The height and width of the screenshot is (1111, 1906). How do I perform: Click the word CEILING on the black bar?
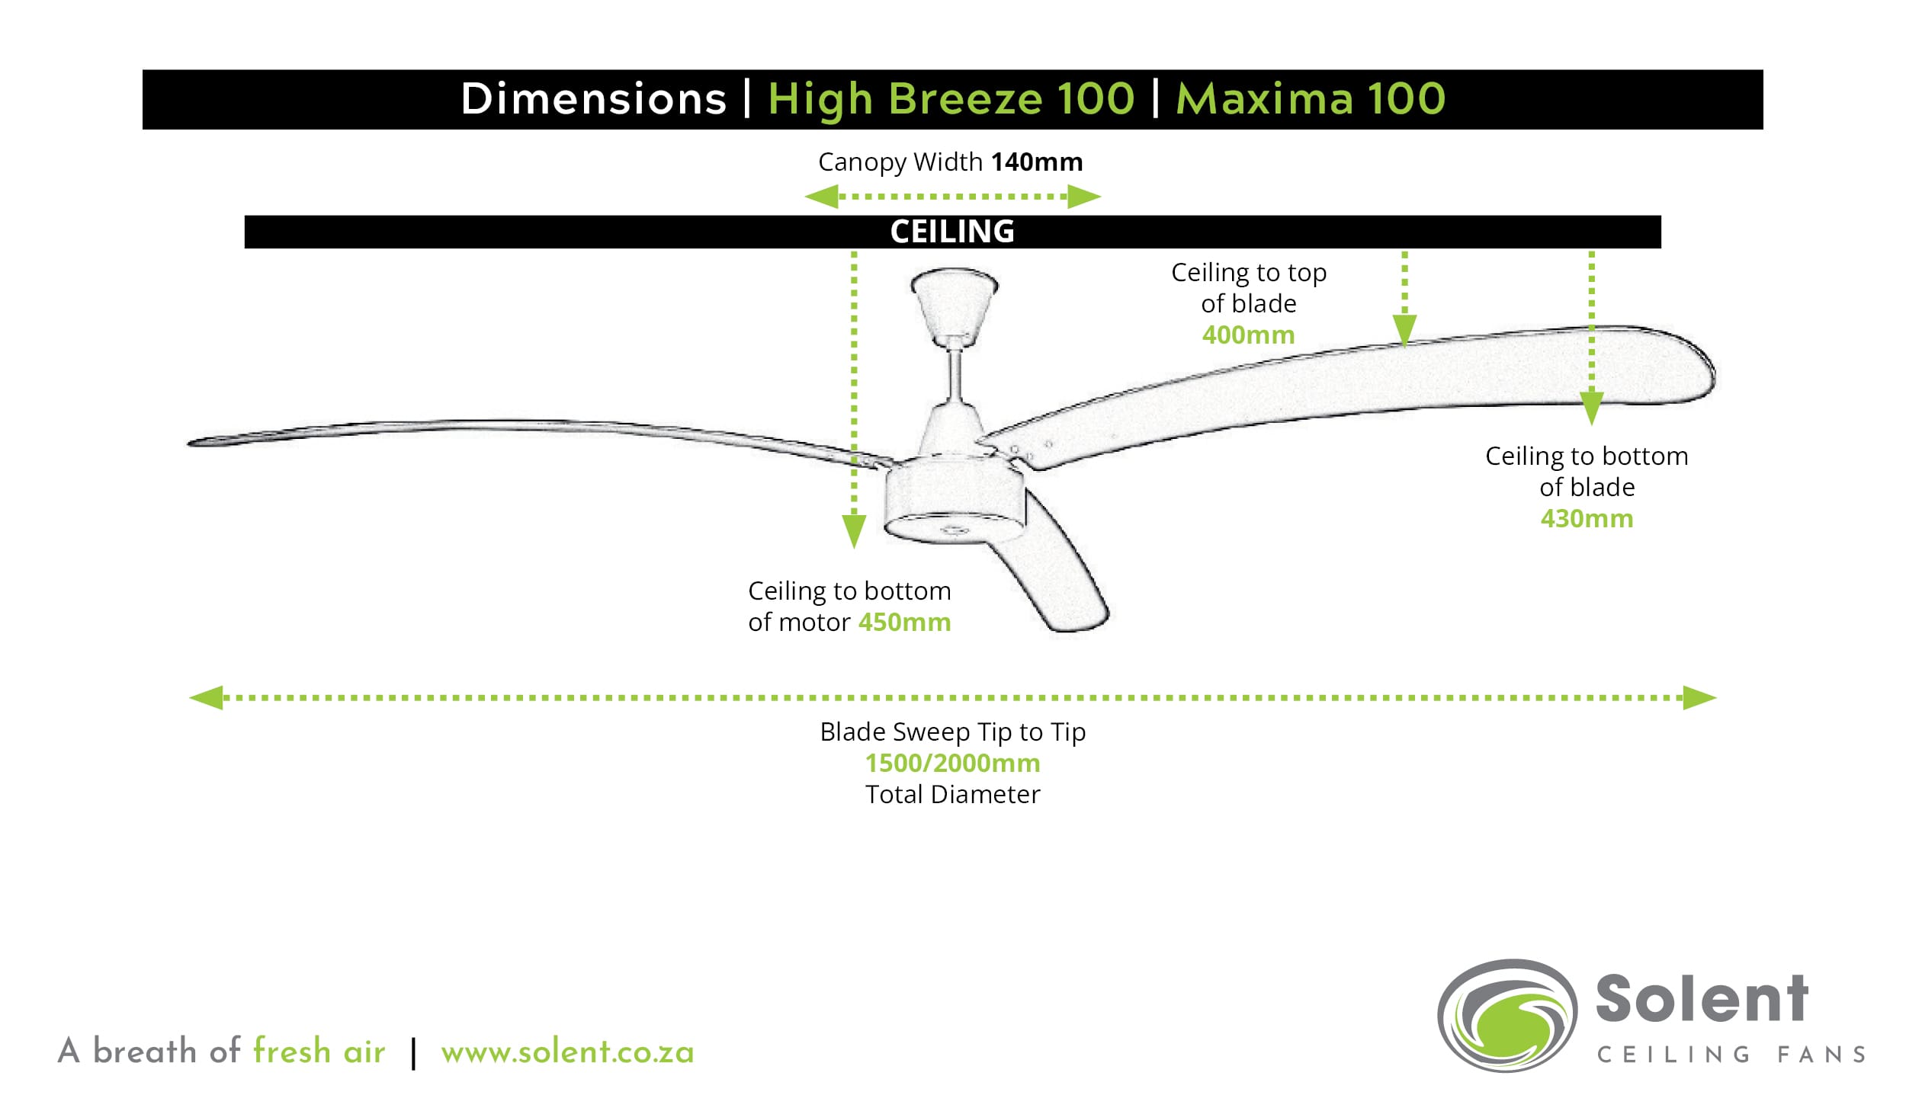coord(952,232)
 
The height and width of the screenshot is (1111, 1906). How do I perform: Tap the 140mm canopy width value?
coord(1036,162)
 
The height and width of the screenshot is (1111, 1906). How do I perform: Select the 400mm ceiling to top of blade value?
coord(1248,335)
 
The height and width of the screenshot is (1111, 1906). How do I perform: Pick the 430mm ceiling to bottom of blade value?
coord(1587,519)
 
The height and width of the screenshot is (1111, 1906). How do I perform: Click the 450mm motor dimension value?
coord(904,623)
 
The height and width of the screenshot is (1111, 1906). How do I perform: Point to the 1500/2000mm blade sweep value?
coord(952,764)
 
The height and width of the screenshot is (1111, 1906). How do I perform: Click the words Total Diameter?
coord(952,795)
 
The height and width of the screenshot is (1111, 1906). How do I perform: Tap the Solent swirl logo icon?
coord(1507,1015)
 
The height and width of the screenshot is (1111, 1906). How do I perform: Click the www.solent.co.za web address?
coord(567,1052)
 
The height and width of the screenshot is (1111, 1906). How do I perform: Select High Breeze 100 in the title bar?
coord(951,99)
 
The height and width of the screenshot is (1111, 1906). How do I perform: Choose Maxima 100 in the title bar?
coord(1310,99)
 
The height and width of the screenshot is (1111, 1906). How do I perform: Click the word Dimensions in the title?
coord(594,99)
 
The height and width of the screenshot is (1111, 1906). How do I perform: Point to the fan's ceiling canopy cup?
coord(954,305)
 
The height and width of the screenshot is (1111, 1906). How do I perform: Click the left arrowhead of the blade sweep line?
coord(206,697)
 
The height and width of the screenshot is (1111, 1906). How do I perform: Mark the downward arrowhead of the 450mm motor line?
coord(854,530)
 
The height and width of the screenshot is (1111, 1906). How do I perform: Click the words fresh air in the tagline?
coord(319,1052)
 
